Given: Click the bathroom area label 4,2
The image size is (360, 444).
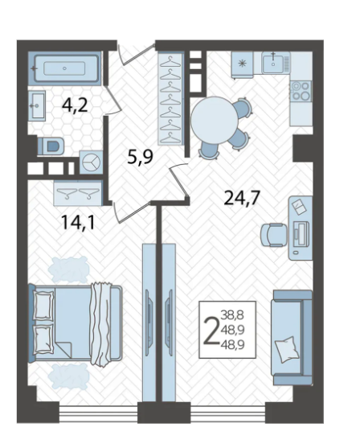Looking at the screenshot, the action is [x=75, y=105].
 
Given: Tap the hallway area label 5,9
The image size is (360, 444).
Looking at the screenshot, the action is [x=140, y=156].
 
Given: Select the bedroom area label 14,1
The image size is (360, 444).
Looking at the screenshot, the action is [x=78, y=222].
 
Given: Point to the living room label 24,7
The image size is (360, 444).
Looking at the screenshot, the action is [x=242, y=197].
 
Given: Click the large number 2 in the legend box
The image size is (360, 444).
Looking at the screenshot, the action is [x=212, y=331].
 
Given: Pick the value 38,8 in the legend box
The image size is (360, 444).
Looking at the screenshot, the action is [x=233, y=314].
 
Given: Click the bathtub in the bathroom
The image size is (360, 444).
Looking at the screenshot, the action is [x=64, y=68].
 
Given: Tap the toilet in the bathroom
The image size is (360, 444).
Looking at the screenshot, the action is [x=51, y=146].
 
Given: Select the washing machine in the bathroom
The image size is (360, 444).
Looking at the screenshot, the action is [x=91, y=162].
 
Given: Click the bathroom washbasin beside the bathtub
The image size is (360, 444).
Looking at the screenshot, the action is [x=37, y=106].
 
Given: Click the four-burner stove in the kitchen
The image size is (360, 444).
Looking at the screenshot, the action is [x=301, y=91].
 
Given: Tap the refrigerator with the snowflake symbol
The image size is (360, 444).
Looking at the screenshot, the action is [x=243, y=64].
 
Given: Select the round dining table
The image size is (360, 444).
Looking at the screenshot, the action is [x=215, y=120].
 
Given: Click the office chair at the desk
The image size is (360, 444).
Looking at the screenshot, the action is [x=273, y=235].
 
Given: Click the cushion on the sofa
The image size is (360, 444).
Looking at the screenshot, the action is [x=287, y=349].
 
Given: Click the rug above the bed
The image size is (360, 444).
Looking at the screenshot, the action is [x=68, y=269].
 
